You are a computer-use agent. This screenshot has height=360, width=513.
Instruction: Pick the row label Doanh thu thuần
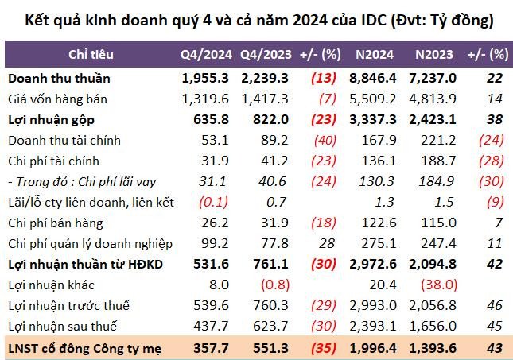(60, 79)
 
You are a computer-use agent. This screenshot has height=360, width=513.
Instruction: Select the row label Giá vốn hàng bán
(58, 99)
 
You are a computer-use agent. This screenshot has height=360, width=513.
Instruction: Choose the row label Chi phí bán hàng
(55, 223)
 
